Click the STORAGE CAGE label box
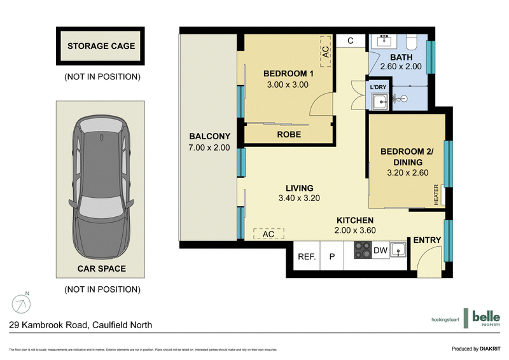coord(102,46)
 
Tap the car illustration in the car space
coord(102,184)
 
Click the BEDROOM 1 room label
coord(286,74)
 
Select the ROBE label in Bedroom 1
coord(289,135)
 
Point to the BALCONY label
coord(209,136)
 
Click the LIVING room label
coord(299,188)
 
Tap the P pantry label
coord(331,257)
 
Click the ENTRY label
coord(427,240)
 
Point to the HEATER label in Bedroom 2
coord(437,195)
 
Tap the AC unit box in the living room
coord(268,233)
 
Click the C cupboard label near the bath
coord(351,41)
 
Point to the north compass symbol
coord(22,303)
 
